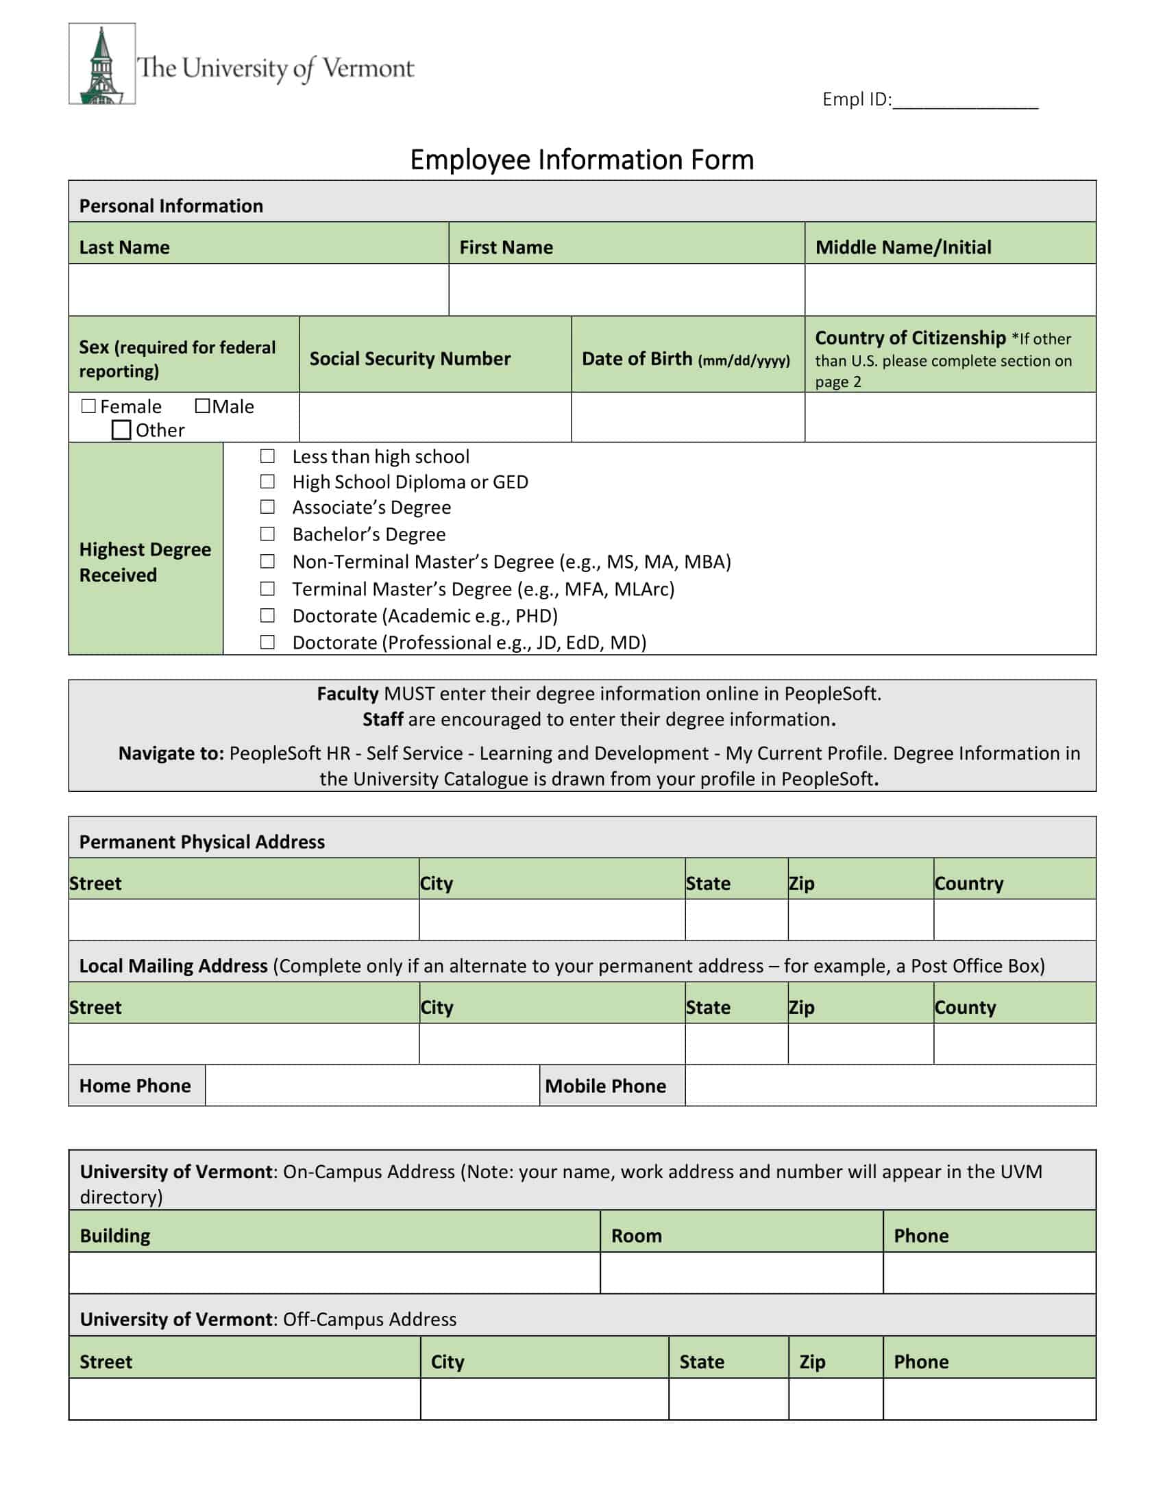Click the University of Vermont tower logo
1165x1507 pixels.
click(102, 64)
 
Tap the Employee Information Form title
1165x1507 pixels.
click(582, 160)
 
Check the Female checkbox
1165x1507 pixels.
click(88, 406)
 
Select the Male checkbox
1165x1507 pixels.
click(202, 406)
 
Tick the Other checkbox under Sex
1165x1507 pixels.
click(121, 430)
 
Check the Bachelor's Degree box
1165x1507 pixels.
click(267, 534)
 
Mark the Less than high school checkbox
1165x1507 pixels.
click(267, 456)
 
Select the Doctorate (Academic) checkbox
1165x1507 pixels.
click(267, 616)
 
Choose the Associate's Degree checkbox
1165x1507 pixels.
click(267, 507)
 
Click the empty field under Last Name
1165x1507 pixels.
click(258, 290)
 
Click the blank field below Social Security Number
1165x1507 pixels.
click(434, 417)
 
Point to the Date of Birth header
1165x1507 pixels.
click(686, 359)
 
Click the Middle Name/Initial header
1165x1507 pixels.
click(903, 247)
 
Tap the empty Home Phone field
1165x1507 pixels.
click(372, 1086)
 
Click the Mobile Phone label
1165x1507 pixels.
click(605, 1086)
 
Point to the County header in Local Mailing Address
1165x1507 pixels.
click(965, 1008)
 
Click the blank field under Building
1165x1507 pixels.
click(334, 1273)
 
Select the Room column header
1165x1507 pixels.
click(637, 1236)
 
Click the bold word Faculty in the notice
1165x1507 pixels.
click(348, 693)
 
